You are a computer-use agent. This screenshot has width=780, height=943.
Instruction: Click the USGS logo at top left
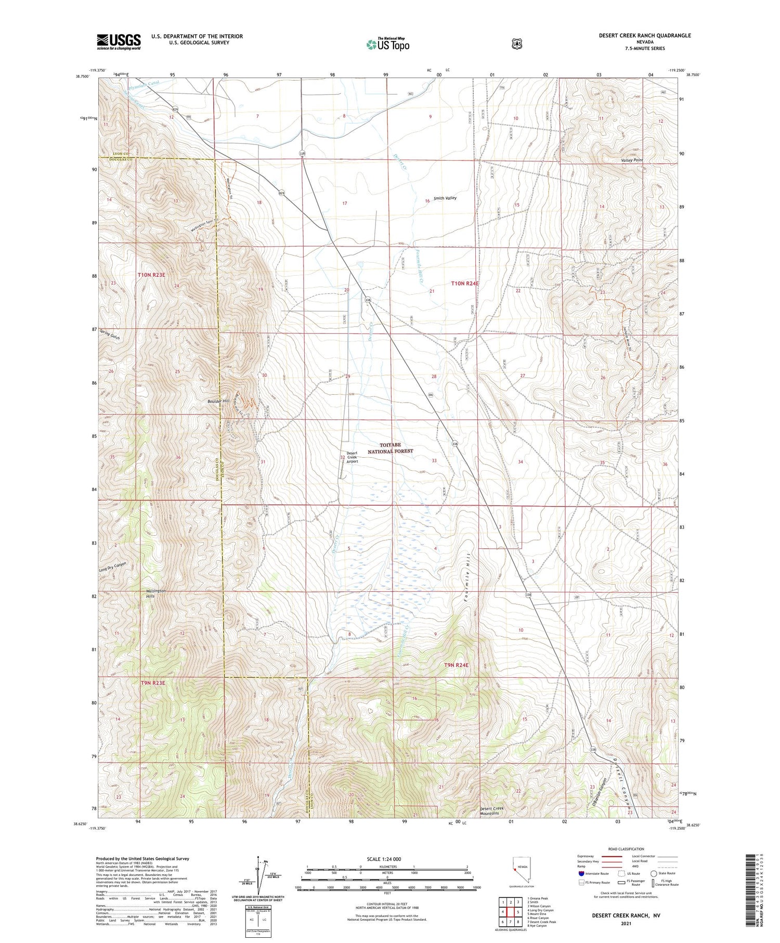(119, 42)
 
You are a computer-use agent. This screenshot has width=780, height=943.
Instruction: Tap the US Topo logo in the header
(387, 45)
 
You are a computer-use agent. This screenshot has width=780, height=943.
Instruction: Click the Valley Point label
(632, 160)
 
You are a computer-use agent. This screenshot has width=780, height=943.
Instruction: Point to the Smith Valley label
(445, 198)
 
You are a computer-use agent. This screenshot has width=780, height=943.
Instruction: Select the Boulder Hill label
(216, 401)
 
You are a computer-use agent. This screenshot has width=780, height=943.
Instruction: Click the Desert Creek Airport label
(352, 457)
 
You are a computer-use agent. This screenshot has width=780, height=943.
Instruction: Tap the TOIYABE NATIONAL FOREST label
(390, 448)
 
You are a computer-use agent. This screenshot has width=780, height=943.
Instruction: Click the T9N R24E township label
(457, 665)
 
